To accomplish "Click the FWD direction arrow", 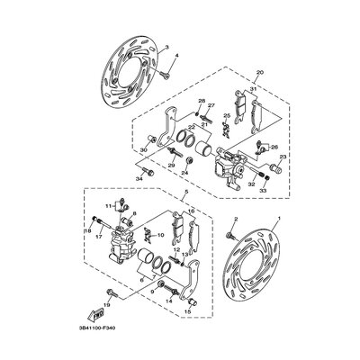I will [x=94, y=316].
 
